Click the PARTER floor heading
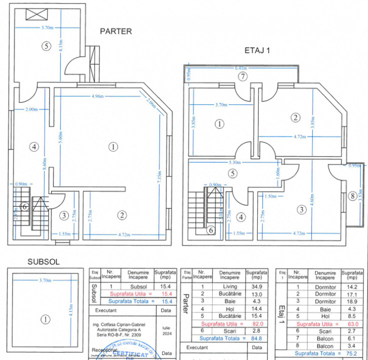pyautogui.click(x=116, y=31)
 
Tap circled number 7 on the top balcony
pyautogui.click(x=242, y=76)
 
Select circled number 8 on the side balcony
pyautogui.click(x=354, y=196)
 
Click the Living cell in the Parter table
pyautogui.click(x=229, y=286)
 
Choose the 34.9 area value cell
pyautogui.click(x=256, y=286)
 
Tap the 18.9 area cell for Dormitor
pyautogui.click(x=352, y=301)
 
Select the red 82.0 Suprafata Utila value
pyautogui.click(x=257, y=324)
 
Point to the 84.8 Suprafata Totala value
pyautogui.click(x=257, y=338)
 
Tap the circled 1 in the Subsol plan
pyautogui.click(x=45, y=319)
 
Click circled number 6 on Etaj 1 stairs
pyautogui.click(x=211, y=230)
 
